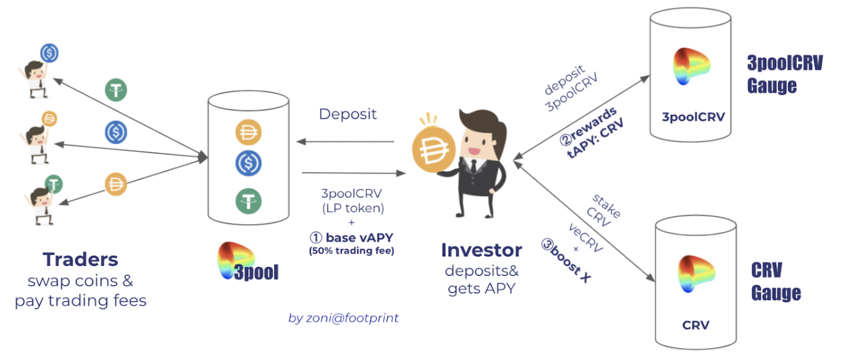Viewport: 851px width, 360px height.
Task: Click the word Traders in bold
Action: (81, 259)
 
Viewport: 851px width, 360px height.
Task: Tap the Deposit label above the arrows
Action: (348, 114)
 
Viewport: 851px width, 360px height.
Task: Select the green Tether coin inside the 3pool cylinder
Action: (249, 200)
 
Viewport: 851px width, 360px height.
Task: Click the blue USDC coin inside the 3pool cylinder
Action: (249, 164)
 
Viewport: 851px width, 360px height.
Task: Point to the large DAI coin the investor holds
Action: (433, 151)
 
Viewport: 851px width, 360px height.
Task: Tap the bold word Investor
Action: (481, 250)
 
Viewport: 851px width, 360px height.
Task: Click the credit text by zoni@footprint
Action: (343, 318)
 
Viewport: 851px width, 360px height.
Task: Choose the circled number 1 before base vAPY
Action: (315, 238)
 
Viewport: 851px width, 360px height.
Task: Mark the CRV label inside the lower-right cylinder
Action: (696, 325)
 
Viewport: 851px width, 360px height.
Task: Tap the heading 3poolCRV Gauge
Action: (784, 74)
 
